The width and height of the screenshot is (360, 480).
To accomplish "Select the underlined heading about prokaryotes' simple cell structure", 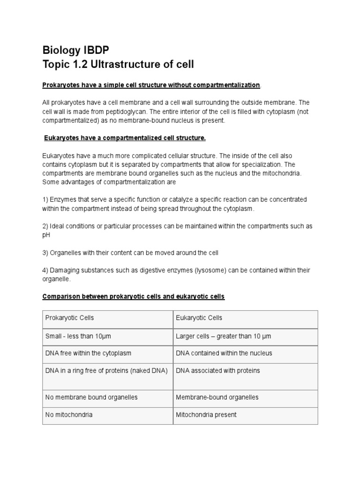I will [x=150, y=85].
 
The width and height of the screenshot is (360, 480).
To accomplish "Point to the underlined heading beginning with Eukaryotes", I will [x=125, y=138].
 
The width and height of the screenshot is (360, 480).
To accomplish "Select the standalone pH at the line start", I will [x=46, y=235].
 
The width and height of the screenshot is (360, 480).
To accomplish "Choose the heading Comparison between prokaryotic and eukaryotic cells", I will [x=134, y=297].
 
